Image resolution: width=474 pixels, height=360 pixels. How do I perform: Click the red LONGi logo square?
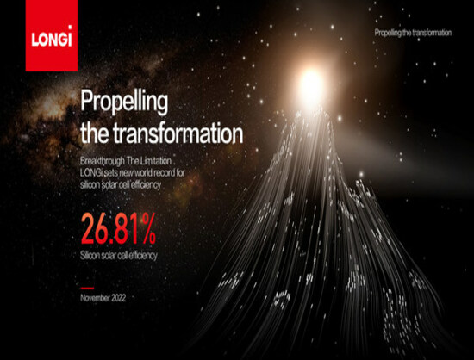click(52, 35)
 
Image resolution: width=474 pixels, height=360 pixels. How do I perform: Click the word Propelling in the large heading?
click(124, 102)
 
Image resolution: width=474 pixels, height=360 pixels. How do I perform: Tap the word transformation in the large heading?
click(178, 133)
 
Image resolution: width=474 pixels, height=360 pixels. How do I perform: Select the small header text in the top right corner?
click(413, 33)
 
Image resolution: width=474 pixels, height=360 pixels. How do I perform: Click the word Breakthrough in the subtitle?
click(103, 161)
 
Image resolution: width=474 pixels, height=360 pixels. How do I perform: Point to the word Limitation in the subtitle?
click(156, 161)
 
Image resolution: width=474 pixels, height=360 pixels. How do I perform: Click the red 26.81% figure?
click(118, 228)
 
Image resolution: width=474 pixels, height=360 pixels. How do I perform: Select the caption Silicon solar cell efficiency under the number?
click(119, 256)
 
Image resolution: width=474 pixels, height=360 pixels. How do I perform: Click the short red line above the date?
click(87, 289)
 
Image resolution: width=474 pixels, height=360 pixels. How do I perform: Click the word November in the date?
click(95, 298)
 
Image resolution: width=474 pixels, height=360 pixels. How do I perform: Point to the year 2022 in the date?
click(119, 298)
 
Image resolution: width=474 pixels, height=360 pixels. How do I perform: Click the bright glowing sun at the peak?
click(311, 85)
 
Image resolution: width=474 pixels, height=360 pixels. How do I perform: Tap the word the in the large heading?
click(95, 133)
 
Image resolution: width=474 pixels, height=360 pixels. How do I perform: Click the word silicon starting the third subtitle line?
click(90, 184)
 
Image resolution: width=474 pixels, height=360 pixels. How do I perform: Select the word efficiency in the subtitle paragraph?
click(146, 185)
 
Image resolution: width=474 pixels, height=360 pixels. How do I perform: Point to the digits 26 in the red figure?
click(93, 228)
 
